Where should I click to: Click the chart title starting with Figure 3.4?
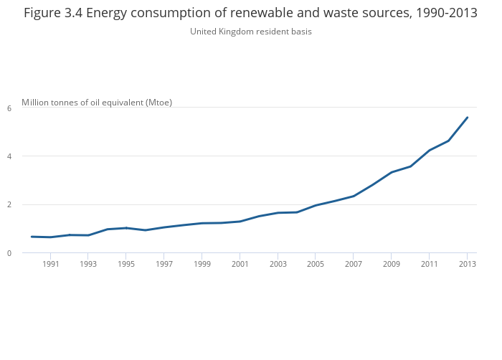[x=250, y=13]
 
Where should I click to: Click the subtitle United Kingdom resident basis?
[x=250, y=32]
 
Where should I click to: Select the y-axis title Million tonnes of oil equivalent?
[x=97, y=103]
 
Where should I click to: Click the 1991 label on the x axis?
[x=50, y=265]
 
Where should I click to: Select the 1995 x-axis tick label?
[x=126, y=265]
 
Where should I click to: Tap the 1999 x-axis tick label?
[x=202, y=265]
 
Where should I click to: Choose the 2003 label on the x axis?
[x=278, y=265]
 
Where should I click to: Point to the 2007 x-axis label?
[x=353, y=265]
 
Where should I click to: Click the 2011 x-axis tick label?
[x=429, y=265]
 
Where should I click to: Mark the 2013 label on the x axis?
[x=467, y=265]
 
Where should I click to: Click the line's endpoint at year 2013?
[x=467, y=118]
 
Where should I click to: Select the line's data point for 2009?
[x=392, y=172]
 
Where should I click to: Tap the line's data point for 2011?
[x=429, y=151]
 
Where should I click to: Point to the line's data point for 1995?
[x=126, y=228]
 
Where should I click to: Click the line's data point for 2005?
[x=316, y=206]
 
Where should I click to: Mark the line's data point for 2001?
[x=240, y=222]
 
